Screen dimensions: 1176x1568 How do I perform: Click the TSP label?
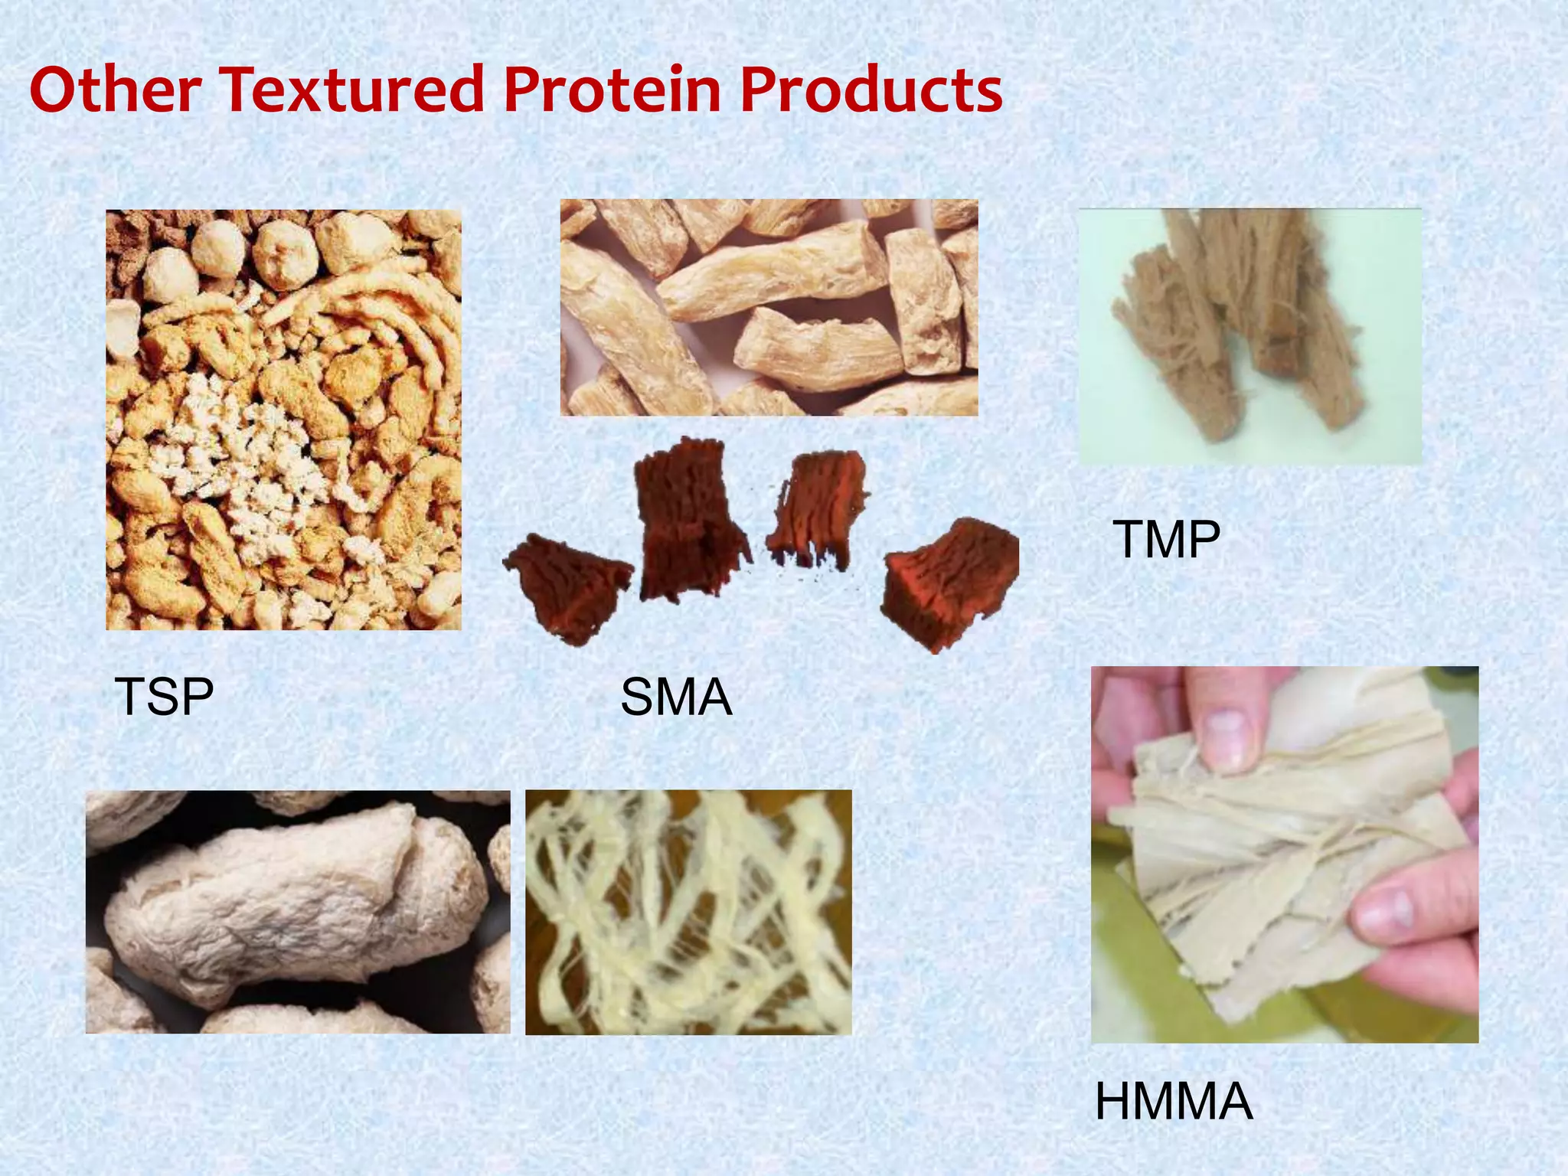click(164, 697)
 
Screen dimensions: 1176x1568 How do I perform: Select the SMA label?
click(676, 697)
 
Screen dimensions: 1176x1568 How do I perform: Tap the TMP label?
click(1165, 540)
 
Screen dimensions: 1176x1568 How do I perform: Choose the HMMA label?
click(1173, 1101)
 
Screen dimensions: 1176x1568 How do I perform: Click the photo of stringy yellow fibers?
click(688, 911)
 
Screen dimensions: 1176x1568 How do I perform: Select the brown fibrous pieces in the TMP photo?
click(1240, 322)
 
